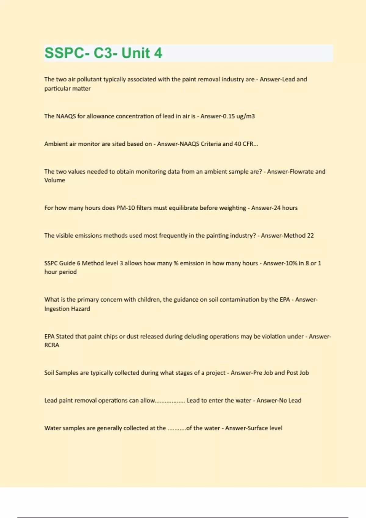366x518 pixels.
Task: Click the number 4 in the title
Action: coord(158,53)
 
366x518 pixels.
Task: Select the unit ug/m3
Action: coord(246,116)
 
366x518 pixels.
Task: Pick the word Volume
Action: coord(55,180)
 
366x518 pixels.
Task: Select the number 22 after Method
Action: coord(310,236)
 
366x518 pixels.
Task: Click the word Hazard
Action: coord(81,309)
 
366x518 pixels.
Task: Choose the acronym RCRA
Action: coord(52,345)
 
